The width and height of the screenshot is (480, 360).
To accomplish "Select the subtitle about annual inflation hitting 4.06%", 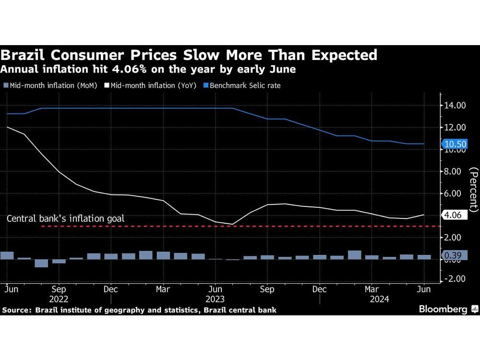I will pos(148,69).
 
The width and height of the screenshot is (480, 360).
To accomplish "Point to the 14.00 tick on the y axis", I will pos(455,106).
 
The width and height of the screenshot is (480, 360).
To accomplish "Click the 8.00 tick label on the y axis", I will pos(455,171).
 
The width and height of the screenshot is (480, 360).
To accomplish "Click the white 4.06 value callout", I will pos(453,216).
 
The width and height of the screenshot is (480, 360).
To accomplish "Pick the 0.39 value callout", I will pos(453,256).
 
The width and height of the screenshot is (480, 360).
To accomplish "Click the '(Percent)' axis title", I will pos(473,190).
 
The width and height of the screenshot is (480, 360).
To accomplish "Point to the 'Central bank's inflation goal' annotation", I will pos(65,219).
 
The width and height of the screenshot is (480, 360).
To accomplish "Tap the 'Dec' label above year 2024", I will pos(319,290).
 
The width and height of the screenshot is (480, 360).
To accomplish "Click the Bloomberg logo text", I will pos(443,310).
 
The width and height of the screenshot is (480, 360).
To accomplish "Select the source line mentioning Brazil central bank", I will pos(139,311).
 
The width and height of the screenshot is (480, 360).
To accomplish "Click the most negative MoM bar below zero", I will pos(41,263).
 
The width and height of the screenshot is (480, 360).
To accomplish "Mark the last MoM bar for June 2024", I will pos(424,257).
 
